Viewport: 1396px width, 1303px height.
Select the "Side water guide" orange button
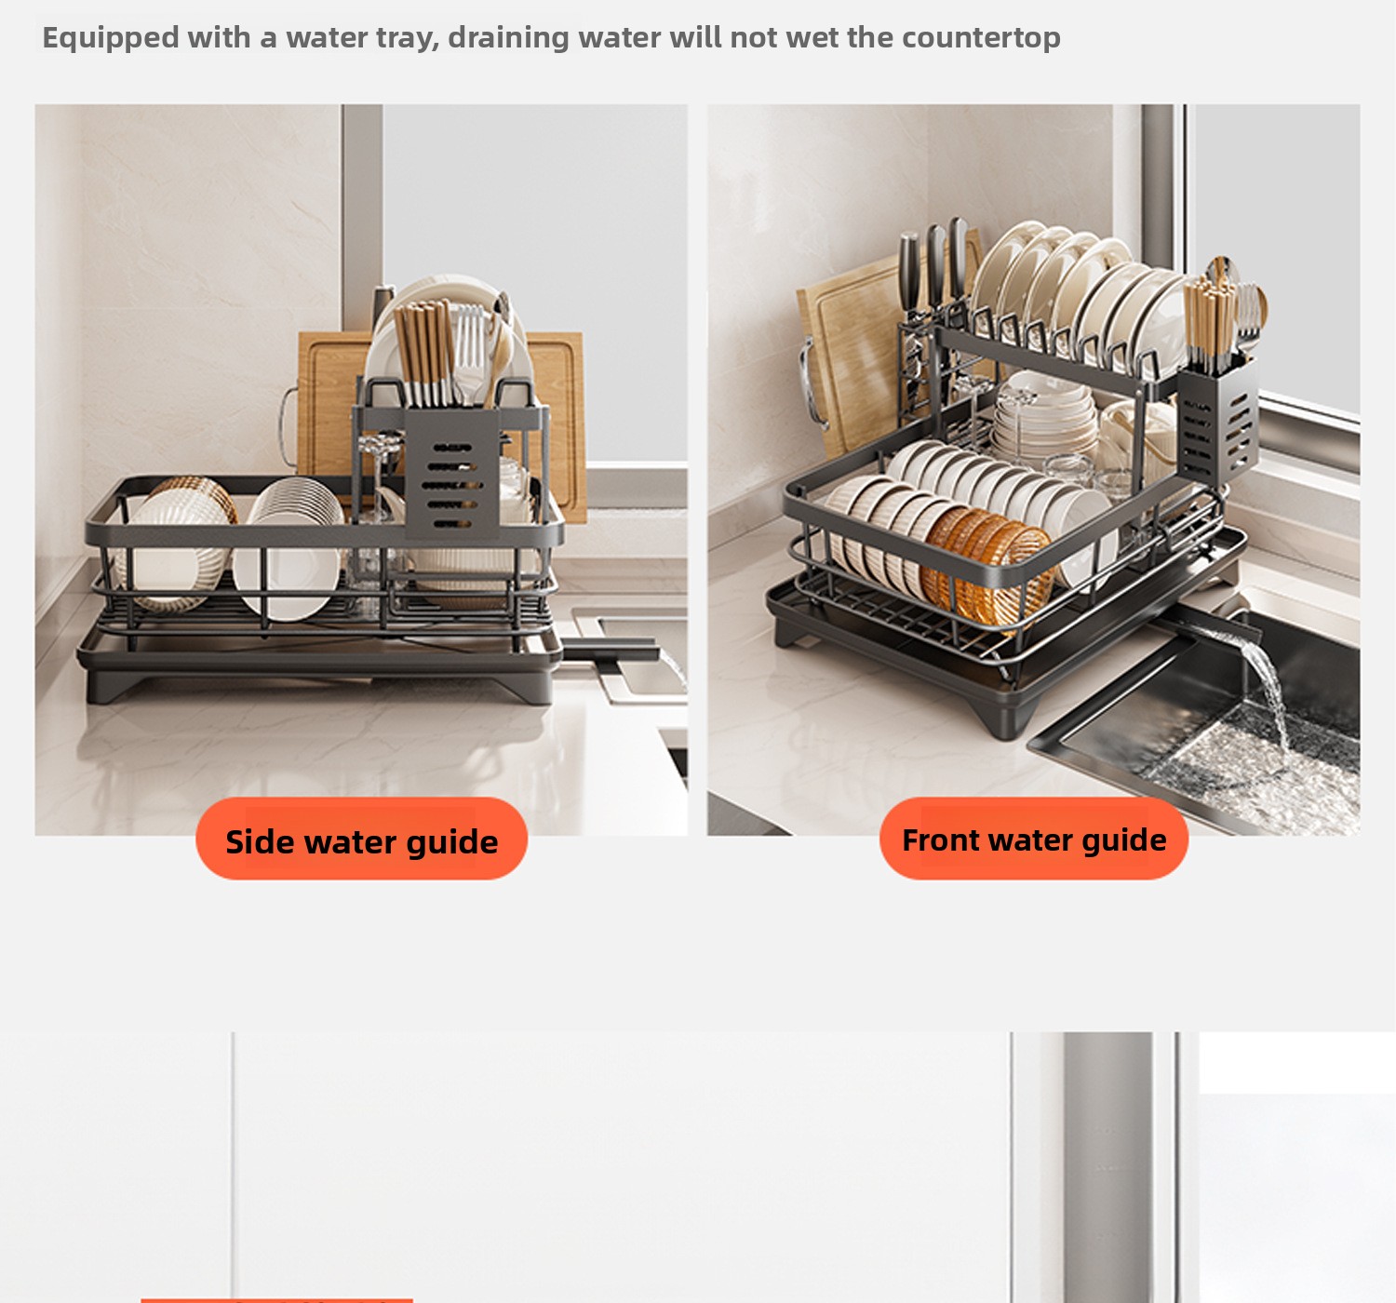361,839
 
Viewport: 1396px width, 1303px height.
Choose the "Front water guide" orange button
1034,839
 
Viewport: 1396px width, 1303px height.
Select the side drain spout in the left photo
611,649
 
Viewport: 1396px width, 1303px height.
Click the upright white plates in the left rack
289,548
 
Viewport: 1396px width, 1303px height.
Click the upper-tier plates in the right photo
1082,295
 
